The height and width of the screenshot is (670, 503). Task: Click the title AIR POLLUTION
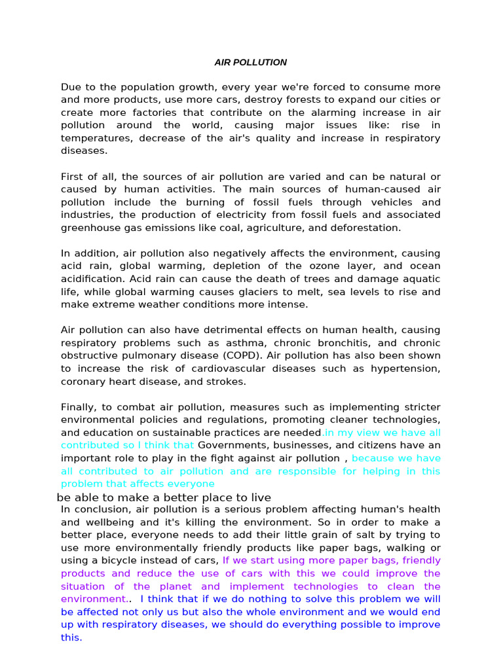[x=251, y=63]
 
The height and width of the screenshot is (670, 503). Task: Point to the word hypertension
[x=406, y=368]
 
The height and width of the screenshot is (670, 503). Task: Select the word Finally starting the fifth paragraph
[x=78, y=407]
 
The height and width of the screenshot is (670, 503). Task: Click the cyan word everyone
[x=191, y=484]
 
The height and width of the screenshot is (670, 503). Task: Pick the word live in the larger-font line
[x=260, y=498]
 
